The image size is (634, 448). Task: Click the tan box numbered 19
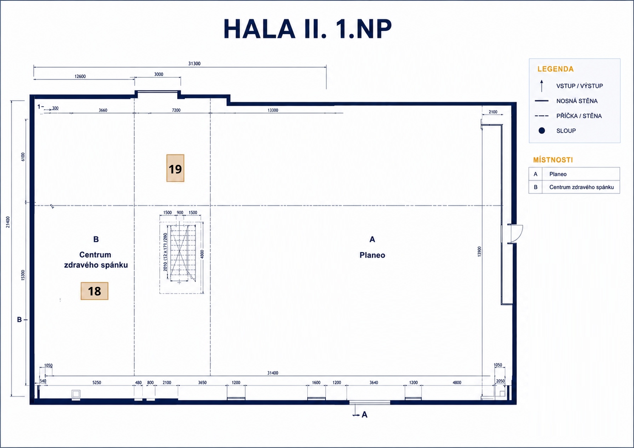pos(175,168)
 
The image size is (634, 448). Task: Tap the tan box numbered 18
pos(94,291)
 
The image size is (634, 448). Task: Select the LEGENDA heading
pos(555,69)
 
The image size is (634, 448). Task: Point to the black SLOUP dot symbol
pos(542,130)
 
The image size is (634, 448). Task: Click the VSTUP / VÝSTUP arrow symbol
pos(542,86)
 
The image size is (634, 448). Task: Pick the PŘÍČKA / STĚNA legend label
pos(579,116)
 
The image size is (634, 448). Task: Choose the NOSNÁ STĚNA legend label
pos(577,101)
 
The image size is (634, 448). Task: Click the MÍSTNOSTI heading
pos(553,160)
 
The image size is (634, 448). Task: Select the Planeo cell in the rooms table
pos(558,174)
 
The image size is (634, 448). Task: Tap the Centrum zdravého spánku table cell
pos(581,187)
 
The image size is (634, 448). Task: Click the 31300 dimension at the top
pos(195,64)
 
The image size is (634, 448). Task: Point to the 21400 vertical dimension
pos(8,222)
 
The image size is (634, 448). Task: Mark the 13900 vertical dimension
pos(479,252)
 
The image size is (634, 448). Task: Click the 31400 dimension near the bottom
pos(273,373)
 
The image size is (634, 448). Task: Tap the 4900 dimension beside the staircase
pos(202,254)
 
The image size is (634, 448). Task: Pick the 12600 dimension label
pos(80,77)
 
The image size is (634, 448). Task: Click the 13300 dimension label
pos(273,110)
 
